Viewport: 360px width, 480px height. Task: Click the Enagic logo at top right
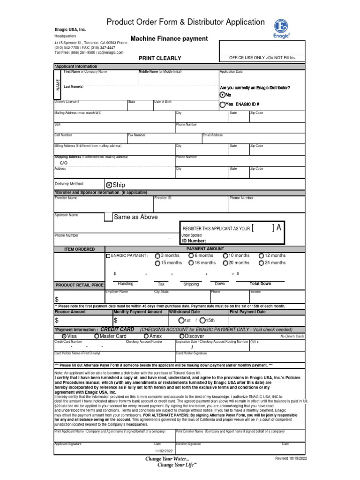point(282,27)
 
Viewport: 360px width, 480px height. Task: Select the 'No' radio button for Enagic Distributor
point(223,95)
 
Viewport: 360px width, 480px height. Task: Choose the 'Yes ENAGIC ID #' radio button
point(223,105)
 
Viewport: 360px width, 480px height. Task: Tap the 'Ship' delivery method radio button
point(109,185)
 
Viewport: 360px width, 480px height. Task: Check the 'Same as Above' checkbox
point(108,217)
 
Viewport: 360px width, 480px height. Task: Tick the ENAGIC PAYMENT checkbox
point(108,256)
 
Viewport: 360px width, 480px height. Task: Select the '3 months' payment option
point(157,255)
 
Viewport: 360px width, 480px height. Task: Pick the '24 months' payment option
point(261,263)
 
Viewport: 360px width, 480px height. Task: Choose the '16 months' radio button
point(191,263)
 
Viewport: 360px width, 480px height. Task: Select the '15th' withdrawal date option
point(202,320)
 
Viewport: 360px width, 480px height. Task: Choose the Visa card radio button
point(64,336)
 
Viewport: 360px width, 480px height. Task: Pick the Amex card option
point(147,336)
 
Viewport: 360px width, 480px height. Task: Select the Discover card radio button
point(182,336)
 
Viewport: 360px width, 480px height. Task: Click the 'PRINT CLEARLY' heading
point(159,58)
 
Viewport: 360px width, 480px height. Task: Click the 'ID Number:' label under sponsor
point(194,240)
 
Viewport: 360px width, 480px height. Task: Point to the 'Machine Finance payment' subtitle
point(162,38)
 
